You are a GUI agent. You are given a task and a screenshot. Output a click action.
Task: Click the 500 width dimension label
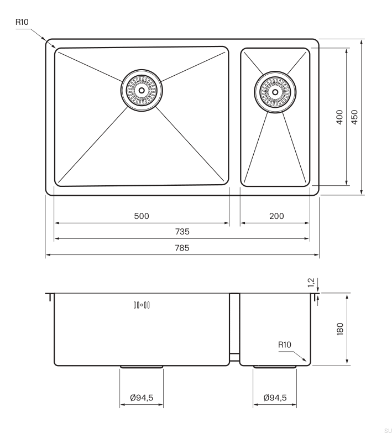(142, 216)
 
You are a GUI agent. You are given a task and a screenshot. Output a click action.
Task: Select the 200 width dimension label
(276, 216)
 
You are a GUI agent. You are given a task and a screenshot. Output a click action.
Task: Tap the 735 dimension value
(182, 231)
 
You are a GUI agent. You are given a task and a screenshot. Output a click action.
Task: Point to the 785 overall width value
(182, 248)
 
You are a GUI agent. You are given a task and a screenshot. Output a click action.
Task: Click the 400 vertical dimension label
(340, 117)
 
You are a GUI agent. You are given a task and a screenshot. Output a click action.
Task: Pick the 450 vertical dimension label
(354, 117)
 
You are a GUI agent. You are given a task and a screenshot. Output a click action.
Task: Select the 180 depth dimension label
(340, 329)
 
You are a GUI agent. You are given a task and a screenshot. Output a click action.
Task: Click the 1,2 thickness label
(311, 283)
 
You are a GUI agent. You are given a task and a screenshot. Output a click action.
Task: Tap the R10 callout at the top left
(22, 22)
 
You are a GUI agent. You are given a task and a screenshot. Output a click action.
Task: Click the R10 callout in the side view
(285, 345)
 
